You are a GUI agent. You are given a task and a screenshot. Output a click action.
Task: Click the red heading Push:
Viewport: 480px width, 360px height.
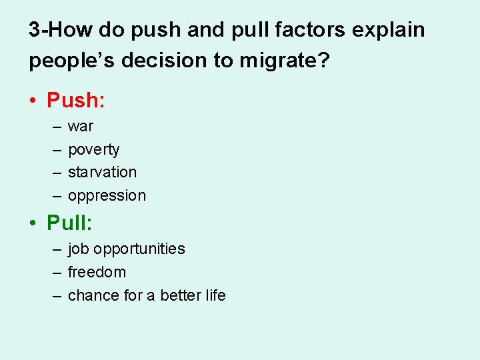pyautogui.click(x=76, y=101)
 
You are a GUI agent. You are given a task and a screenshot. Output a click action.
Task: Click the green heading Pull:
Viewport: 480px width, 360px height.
pyautogui.click(x=69, y=223)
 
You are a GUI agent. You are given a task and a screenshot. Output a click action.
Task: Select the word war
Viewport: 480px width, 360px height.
pyautogui.click(x=81, y=127)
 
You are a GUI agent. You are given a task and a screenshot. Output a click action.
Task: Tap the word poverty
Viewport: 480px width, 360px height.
pyautogui.click(x=94, y=150)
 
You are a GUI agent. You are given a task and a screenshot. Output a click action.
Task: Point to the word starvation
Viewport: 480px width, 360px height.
pyautogui.click(x=102, y=172)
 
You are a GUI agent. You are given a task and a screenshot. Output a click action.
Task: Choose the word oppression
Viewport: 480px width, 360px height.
pyautogui.click(x=107, y=196)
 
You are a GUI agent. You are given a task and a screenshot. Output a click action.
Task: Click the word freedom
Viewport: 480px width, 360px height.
pyautogui.click(x=97, y=272)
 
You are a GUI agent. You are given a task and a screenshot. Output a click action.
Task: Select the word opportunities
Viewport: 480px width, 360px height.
pyautogui.click(x=139, y=249)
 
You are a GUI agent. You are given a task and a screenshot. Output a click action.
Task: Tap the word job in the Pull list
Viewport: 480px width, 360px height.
pyautogui.click(x=79, y=249)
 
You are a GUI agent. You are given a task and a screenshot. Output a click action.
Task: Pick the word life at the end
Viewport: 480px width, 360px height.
pyautogui.click(x=215, y=295)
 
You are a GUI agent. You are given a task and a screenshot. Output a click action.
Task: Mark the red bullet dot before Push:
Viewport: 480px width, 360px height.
pyautogui.click(x=33, y=101)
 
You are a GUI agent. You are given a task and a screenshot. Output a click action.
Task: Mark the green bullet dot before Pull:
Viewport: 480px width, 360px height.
pyautogui.click(x=33, y=223)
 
